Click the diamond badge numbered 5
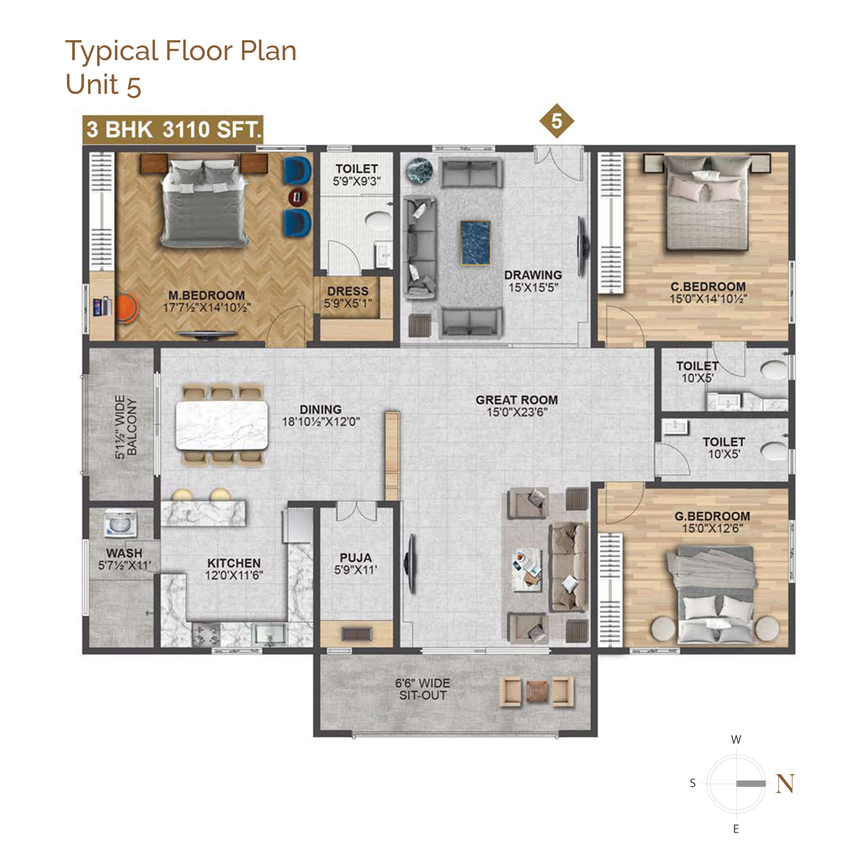[x=556, y=121]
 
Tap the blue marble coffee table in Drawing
[x=475, y=242]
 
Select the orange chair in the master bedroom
[x=127, y=307]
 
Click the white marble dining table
[x=222, y=425]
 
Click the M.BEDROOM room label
[x=207, y=295]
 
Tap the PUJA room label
[x=356, y=557]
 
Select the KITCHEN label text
[x=234, y=563]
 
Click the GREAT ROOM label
[x=517, y=400]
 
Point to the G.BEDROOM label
[x=712, y=516]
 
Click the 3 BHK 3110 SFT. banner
[x=173, y=130]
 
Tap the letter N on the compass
[x=785, y=784]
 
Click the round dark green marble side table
[x=420, y=170]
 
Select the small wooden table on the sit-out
[x=536, y=691]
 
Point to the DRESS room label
[x=348, y=291]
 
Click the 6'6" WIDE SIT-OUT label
[x=423, y=689]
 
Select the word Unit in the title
[x=92, y=84]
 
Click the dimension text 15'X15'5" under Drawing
[x=533, y=288]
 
